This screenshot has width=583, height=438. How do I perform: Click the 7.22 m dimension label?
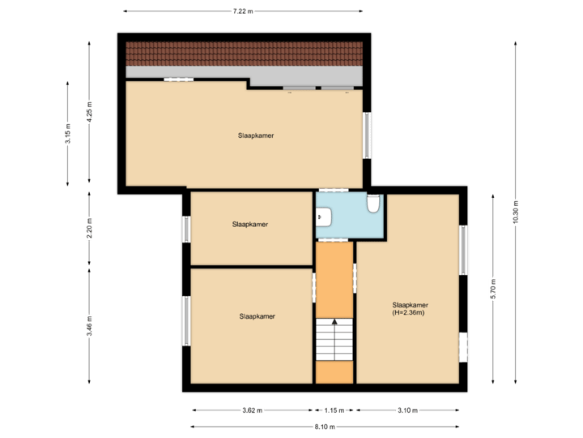click(243, 11)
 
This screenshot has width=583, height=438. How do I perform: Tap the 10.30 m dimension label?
click(515, 213)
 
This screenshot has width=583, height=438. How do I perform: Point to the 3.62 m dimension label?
click(252, 410)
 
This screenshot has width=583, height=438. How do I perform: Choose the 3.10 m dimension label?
click(409, 410)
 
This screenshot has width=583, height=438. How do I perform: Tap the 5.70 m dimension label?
click(492, 289)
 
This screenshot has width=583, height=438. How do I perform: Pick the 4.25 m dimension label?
click(90, 112)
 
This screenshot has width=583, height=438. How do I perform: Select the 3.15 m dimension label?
click(68, 132)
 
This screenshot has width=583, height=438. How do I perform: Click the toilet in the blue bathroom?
click(373, 204)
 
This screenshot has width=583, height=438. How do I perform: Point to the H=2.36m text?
click(408, 312)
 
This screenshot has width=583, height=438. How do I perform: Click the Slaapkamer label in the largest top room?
click(256, 135)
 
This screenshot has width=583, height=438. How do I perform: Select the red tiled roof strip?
click(243, 54)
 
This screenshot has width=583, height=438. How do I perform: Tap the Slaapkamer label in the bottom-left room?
click(257, 316)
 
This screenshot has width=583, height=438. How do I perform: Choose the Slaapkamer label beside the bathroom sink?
click(249, 224)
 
